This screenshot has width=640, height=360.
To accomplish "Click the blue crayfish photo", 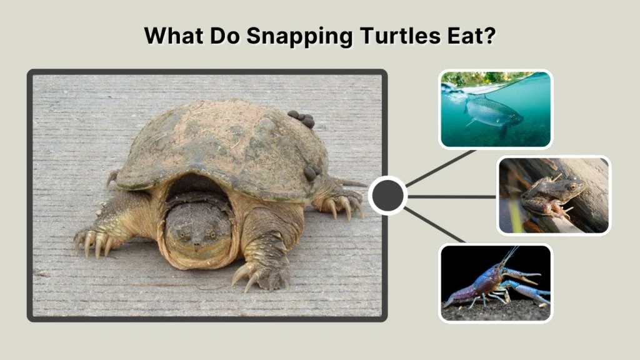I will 495,282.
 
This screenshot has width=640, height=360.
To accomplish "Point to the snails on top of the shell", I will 301,119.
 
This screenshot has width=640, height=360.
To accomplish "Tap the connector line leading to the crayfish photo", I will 435,225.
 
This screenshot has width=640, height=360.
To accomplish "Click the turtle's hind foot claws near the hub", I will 344,206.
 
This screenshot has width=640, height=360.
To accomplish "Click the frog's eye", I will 572,186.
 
